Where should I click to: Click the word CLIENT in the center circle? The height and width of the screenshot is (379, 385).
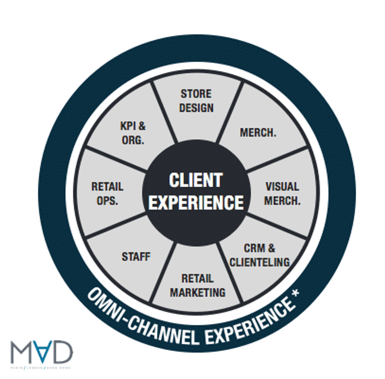pyautogui.click(x=195, y=181)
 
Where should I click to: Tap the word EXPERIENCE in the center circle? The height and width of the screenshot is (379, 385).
pyautogui.click(x=196, y=203)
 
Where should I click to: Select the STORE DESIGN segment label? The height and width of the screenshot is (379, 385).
pyautogui.click(x=196, y=101)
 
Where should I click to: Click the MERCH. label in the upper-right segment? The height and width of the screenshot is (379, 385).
pyautogui.click(x=258, y=132)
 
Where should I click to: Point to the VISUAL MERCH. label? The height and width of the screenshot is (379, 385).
pyautogui.click(x=282, y=193)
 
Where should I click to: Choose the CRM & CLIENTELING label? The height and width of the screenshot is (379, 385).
pyautogui.click(x=259, y=255)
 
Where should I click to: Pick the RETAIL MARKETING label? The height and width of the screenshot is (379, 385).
pyautogui.click(x=197, y=285)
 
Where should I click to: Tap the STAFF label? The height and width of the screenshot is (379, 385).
pyautogui.click(x=136, y=256)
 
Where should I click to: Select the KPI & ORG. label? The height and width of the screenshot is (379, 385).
pyautogui.click(x=132, y=133)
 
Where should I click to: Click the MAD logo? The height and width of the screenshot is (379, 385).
pyautogui.click(x=42, y=354)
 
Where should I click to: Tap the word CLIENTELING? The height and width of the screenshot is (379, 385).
pyautogui.click(x=259, y=262)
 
